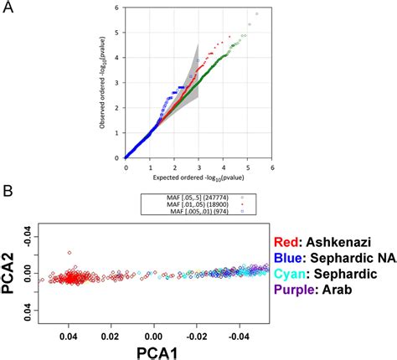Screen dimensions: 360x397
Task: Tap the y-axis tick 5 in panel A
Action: pyautogui.click(x=119, y=33)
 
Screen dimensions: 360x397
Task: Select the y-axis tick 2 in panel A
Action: pyautogui.click(x=119, y=107)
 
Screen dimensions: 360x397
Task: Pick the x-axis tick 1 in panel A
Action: pyautogui.click(x=149, y=167)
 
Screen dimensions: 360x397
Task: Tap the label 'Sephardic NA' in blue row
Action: pyautogui.click(x=352, y=257)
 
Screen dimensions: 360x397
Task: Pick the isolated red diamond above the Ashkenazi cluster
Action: pyautogui.click(x=70, y=249)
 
